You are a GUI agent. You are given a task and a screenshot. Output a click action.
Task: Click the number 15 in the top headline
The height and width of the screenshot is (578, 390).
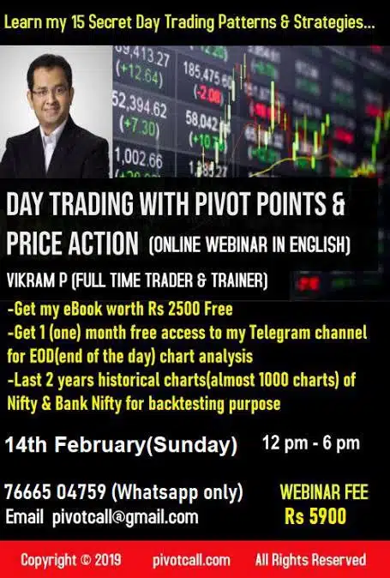(78, 23)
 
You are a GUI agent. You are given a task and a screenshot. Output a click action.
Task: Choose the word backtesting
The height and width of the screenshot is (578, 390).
(187, 404)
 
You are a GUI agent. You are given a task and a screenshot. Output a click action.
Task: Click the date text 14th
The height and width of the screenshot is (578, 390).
(26, 444)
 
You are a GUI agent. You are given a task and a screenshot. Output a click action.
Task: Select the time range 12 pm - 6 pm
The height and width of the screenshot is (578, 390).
(311, 443)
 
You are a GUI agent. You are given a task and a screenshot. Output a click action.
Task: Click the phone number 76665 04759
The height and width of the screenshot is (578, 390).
(55, 491)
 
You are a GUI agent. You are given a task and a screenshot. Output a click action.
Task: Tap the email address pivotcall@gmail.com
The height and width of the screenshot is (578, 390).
(125, 518)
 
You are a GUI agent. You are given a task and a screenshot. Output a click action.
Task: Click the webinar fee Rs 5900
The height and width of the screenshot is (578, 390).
(315, 515)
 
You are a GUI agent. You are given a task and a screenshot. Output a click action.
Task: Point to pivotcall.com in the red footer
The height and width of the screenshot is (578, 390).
(191, 561)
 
